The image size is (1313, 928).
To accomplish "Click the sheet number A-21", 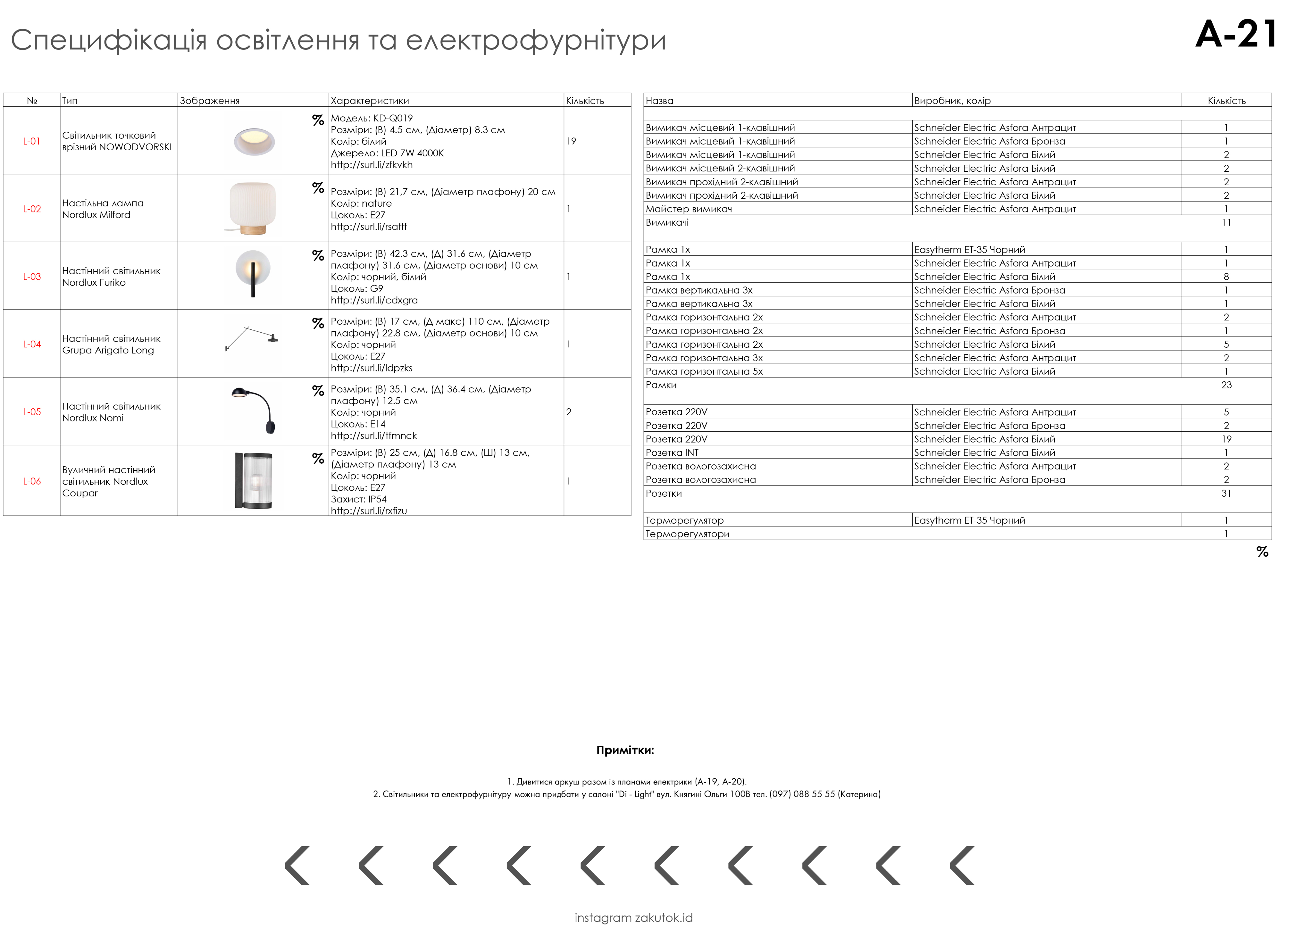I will (1236, 35).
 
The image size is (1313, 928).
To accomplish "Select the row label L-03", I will (32, 277).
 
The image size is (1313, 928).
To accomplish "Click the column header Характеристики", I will (369, 101).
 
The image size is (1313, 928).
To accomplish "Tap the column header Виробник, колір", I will (952, 101).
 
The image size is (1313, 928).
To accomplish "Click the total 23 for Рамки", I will (1226, 385).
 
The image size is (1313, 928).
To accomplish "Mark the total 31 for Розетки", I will (1226, 493).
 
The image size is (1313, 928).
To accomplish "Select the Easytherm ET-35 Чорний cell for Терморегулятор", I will (969, 520).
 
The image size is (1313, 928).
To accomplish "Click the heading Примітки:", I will (625, 750).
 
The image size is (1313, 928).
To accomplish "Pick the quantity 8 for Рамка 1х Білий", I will (1226, 277).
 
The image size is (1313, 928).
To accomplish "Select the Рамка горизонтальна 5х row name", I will (704, 372).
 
